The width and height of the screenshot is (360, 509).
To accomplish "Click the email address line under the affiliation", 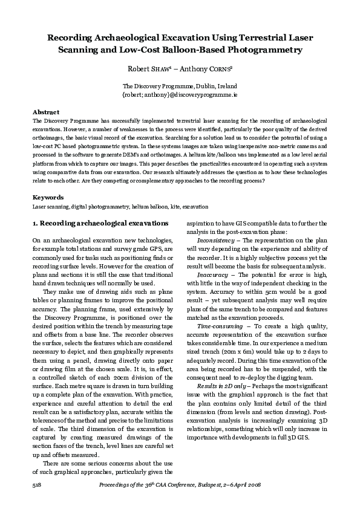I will coord(180,96).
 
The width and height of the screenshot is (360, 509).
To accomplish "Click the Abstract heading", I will coord(45,113).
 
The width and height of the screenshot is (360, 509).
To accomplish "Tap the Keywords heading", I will coord(47,197).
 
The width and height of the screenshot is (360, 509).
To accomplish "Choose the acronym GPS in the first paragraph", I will coord(163,248).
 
